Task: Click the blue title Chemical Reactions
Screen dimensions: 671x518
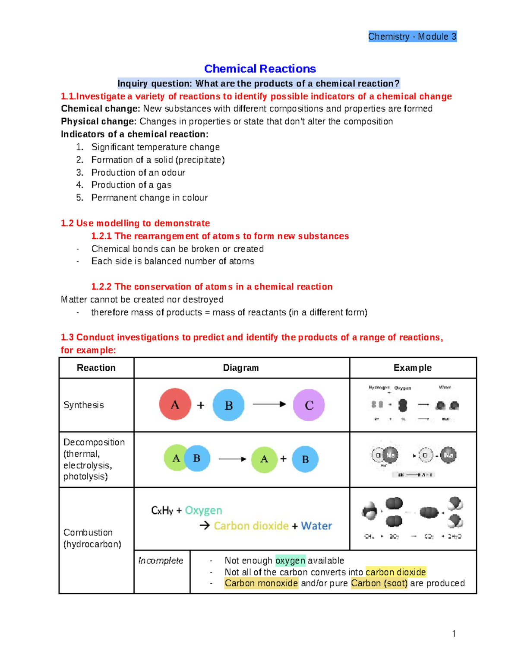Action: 260,69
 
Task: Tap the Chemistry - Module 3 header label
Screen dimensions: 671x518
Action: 412,37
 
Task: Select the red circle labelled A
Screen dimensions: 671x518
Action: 175,404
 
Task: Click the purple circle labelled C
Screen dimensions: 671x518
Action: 309,405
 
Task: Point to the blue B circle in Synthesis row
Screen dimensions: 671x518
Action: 228,405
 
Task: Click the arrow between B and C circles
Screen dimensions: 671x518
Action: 269,404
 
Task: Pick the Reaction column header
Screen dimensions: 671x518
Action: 96,368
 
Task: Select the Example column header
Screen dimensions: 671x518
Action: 412,368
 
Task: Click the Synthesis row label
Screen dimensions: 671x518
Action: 84,405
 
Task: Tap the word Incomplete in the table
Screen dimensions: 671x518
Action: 161,560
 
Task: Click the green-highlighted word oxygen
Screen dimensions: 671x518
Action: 290,560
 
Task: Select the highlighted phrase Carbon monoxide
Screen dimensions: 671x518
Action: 261,583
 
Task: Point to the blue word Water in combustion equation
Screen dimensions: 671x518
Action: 316,526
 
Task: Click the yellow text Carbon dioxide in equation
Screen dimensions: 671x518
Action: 251,526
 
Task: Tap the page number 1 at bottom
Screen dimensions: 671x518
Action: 454,634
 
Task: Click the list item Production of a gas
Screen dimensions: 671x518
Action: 131,185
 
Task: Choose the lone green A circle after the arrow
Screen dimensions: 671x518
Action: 264,459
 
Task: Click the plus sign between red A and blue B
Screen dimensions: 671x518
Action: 201,405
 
